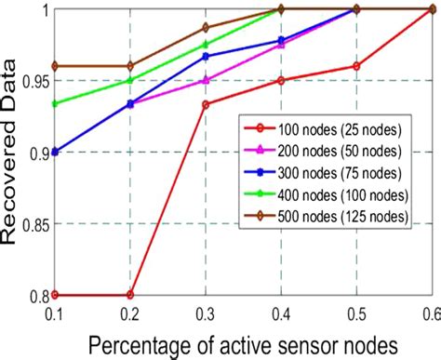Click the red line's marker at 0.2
click(x=130, y=295)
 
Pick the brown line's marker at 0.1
click(x=55, y=66)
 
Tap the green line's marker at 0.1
click(x=55, y=103)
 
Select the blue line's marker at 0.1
click(x=55, y=152)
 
